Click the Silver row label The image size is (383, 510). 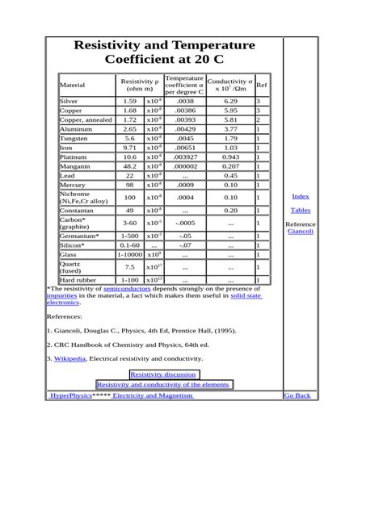tap(69, 102)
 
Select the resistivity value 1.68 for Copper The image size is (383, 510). tap(129, 111)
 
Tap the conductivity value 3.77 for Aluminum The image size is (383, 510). tap(230, 128)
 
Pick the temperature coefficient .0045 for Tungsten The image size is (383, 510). tap(184, 138)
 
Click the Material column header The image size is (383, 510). tap(73, 84)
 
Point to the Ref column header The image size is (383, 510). tap(262, 84)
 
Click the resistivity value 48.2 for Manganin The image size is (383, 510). tap(129, 165)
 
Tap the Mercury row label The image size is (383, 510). tap(72, 185)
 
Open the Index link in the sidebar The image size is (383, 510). tap(300, 196)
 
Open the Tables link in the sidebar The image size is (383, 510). tap(300, 210)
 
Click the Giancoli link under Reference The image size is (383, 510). tap(301, 232)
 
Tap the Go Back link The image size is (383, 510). tap(297, 395)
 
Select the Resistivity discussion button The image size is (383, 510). tap(163, 374)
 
